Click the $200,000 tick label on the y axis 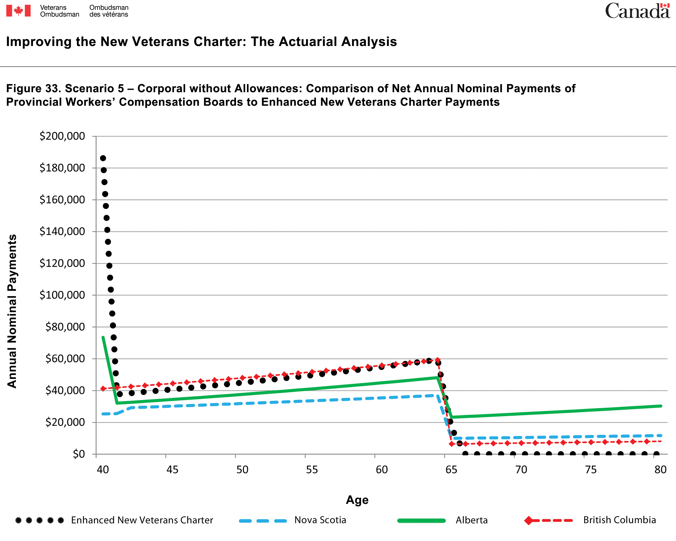[62, 136]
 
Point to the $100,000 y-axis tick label [62, 295]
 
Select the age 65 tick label [452, 470]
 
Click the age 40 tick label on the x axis [103, 470]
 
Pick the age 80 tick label [660, 470]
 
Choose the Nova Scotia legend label [320, 520]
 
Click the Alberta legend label [472, 520]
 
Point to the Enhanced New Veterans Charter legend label [142, 520]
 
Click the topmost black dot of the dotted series [103, 158]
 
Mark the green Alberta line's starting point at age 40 [103, 337]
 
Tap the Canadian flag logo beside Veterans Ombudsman [18, 11]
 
